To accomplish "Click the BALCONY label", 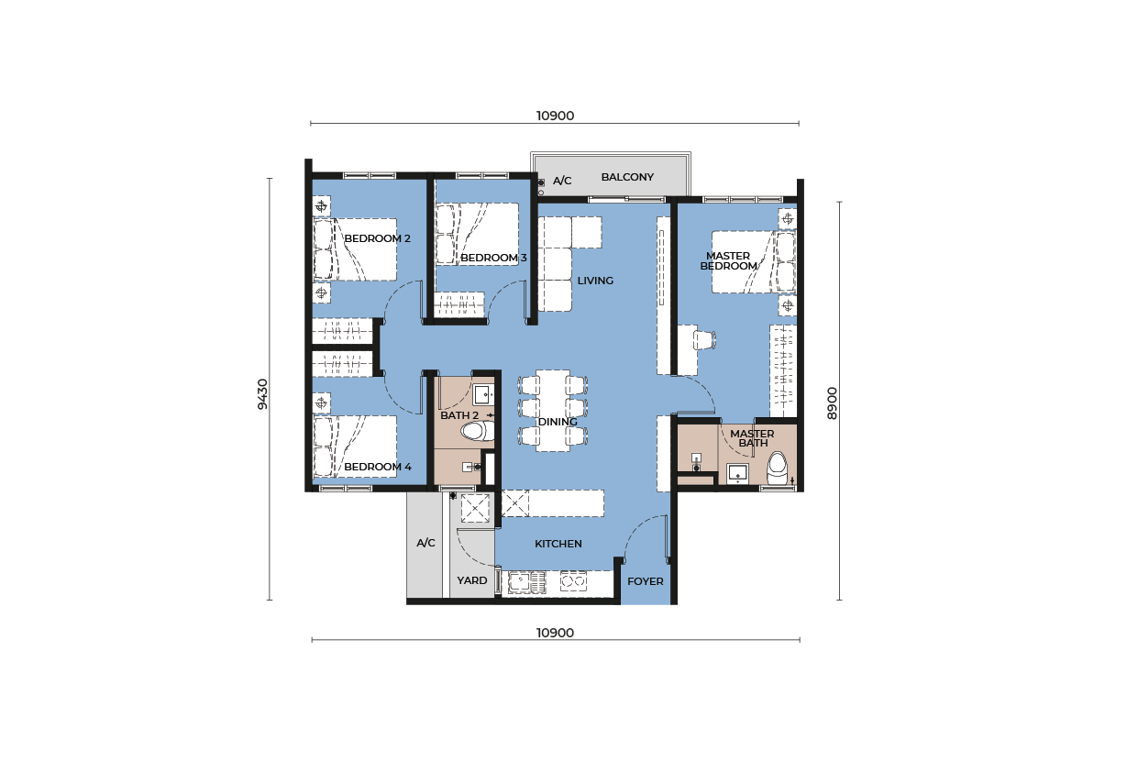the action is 627,177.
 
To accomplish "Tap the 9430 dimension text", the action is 262,393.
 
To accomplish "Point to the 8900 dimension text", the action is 832,403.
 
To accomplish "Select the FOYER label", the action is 646,581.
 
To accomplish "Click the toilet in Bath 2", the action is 478,432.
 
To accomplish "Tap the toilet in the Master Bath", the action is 777,468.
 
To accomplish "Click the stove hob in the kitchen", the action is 573,580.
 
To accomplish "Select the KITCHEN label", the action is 558,544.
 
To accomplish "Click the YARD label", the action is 472,580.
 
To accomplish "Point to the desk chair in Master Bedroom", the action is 705,340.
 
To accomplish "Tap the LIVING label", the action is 595,281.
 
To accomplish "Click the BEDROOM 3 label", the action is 493,258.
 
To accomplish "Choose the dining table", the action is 553,411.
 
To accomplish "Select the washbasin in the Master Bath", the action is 737,473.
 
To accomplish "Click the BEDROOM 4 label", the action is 378,467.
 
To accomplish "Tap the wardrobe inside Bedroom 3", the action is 459,304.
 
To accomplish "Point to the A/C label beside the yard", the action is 425,543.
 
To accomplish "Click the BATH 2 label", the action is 459,415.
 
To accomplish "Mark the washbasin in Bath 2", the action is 483,394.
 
